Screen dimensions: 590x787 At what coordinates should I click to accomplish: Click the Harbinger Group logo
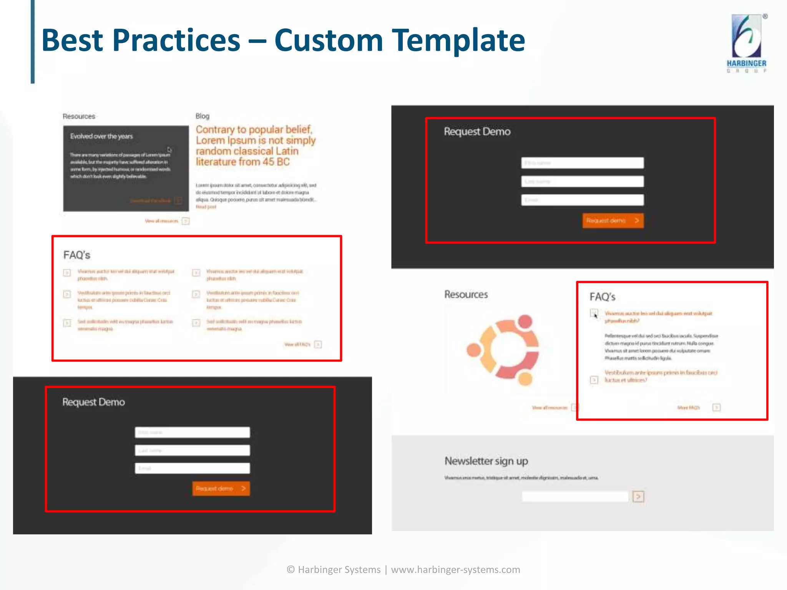(x=746, y=43)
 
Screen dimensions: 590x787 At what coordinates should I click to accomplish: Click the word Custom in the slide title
(x=329, y=40)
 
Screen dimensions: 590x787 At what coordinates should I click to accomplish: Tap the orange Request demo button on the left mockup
(x=221, y=489)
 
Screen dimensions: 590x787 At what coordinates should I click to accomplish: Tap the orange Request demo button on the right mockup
(x=613, y=220)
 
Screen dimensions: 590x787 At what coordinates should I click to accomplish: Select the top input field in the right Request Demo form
(x=582, y=163)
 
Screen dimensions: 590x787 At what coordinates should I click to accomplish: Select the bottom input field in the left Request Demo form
(x=192, y=468)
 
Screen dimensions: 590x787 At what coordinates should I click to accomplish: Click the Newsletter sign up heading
(x=486, y=461)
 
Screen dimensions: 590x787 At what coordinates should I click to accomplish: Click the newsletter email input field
(x=575, y=497)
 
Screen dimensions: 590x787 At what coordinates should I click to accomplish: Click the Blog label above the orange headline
(x=203, y=116)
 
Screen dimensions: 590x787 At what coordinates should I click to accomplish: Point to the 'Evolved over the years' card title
(x=101, y=136)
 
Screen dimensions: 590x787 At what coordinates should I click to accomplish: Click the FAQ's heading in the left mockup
(x=77, y=255)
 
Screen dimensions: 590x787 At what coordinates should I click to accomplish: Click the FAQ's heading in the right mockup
(x=603, y=297)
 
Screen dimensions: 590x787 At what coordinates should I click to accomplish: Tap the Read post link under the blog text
(x=206, y=207)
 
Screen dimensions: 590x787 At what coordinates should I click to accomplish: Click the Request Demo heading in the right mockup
(x=477, y=132)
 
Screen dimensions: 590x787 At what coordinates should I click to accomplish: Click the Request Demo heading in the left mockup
(x=94, y=402)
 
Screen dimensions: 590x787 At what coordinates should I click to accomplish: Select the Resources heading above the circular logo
(x=466, y=295)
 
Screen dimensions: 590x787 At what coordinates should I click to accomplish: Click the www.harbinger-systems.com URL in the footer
(x=455, y=570)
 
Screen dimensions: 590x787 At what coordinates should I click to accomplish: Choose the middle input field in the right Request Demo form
(x=582, y=181)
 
